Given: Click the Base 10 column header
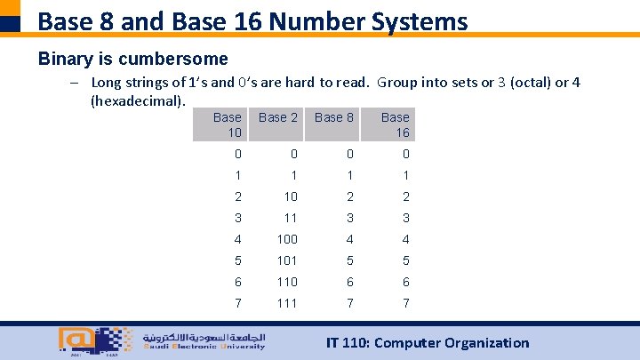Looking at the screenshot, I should tap(228, 124).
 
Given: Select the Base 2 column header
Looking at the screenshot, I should tap(278, 117).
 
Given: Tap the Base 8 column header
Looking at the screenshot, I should tap(334, 117).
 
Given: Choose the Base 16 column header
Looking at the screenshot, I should tap(395, 124).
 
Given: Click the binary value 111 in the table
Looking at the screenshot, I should tap(287, 303).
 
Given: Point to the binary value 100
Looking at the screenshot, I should tap(287, 239).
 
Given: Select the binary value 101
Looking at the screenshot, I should tap(287, 260).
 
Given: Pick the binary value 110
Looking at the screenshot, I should tap(287, 282).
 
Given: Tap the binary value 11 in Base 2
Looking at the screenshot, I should tap(290, 218).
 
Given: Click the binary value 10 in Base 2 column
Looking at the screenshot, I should tap(290, 196).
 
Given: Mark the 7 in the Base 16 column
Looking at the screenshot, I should tap(405, 303).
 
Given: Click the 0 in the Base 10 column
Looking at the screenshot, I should tap(237, 154).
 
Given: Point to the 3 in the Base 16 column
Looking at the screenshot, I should tap(405, 218).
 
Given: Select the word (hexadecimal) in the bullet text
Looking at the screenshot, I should tap(138, 100).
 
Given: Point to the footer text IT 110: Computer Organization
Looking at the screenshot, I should tap(427, 343).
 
